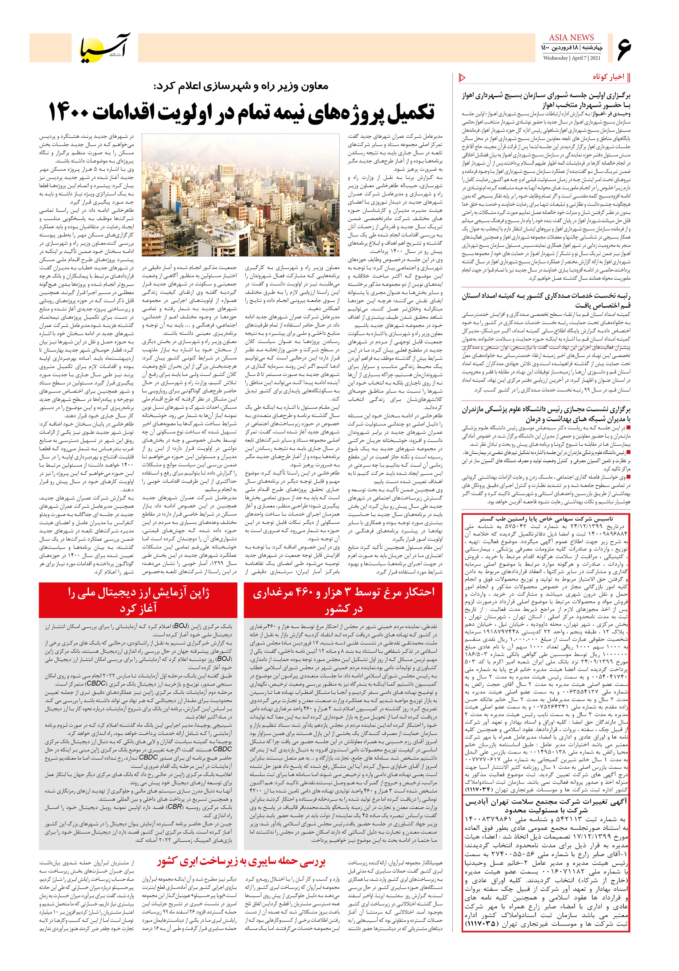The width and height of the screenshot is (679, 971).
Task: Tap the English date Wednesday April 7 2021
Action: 572,58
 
